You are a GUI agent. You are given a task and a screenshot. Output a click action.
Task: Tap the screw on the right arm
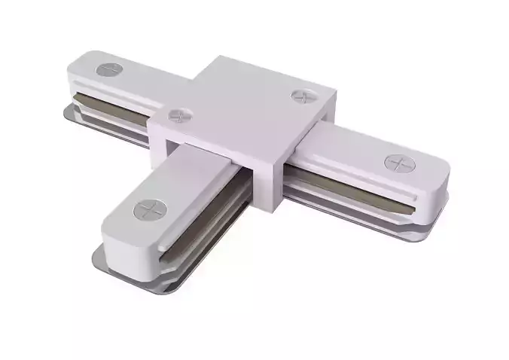pyautogui.click(x=397, y=161)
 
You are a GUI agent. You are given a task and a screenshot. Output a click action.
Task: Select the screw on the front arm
pyautogui.click(x=148, y=206)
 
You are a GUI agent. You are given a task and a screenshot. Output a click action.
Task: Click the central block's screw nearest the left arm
pyautogui.click(x=179, y=116)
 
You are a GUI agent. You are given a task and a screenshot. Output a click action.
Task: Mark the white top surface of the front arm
pyautogui.click(x=181, y=185)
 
